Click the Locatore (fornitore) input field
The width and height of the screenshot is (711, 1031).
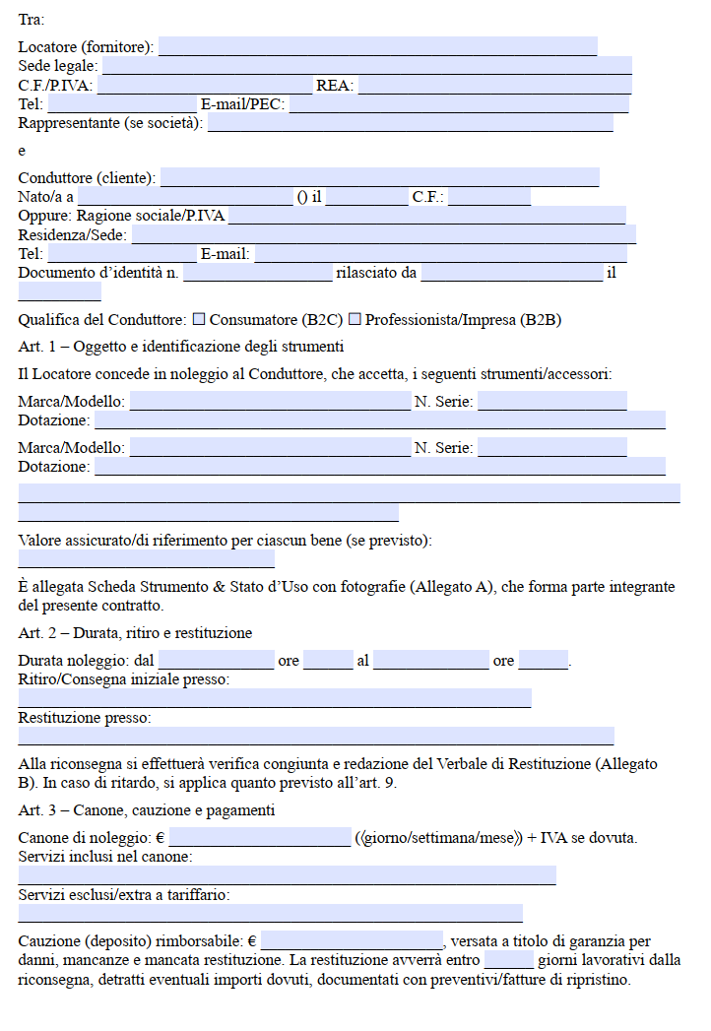(x=377, y=46)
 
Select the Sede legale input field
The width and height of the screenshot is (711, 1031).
(x=366, y=66)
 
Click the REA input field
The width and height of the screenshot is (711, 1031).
(x=493, y=86)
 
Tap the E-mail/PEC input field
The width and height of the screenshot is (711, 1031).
(x=458, y=104)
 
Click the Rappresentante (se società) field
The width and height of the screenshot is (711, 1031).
(x=410, y=123)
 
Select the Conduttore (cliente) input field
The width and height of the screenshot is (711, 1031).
(x=379, y=177)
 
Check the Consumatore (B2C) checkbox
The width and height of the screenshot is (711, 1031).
(x=199, y=319)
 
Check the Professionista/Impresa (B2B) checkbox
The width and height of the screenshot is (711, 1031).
(x=355, y=319)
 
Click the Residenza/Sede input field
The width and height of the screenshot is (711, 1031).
(x=383, y=234)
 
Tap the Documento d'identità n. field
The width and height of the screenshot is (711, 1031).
(x=257, y=273)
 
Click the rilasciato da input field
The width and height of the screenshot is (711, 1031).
(x=511, y=273)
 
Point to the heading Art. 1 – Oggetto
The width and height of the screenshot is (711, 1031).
(x=180, y=347)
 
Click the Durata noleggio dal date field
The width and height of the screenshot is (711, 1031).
(x=216, y=660)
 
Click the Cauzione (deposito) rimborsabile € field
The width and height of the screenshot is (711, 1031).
(x=352, y=940)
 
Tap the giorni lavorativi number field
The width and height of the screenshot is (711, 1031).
(x=508, y=959)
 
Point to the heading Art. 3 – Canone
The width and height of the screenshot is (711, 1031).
(x=146, y=810)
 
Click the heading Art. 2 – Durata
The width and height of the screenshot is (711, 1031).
(x=135, y=633)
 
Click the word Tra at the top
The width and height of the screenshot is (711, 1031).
(x=31, y=19)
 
